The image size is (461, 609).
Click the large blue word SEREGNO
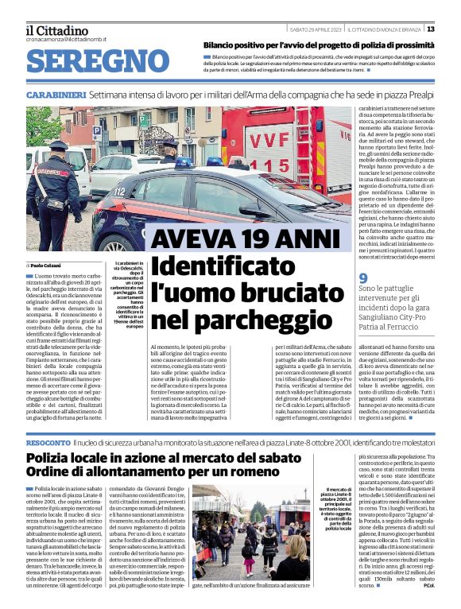[x=92, y=60]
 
